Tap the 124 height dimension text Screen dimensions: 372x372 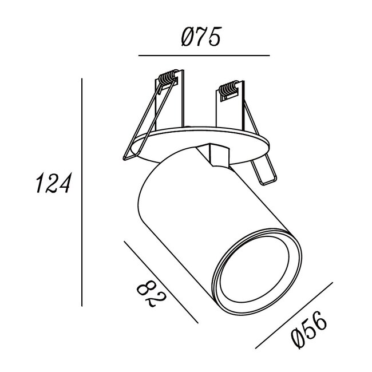click(54, 183)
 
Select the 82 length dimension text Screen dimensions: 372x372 click(151, 294)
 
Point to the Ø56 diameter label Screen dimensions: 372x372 click(309, 330)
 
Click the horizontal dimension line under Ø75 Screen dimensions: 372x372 click(204, 56)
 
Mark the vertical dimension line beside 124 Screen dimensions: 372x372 click(82, 192)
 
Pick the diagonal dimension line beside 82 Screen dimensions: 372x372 click(161, 282)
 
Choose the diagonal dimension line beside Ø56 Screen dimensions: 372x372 click(294, 315)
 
